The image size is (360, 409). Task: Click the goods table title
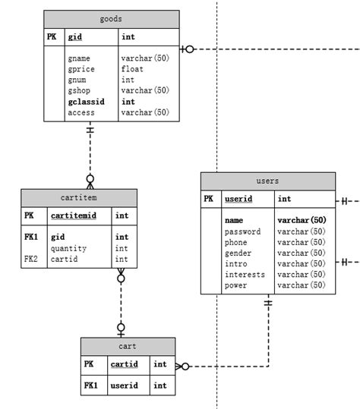click(x=111, y=18)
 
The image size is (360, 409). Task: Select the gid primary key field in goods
click(x=75, y=36)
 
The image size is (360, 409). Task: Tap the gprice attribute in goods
click(x=81, y=69)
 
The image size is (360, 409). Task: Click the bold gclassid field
click(x=85, y=102)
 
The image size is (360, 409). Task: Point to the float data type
click(x=132, y=69)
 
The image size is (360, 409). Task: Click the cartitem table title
click(x=79, y=197)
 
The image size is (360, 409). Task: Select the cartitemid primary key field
click(x=73, y=216)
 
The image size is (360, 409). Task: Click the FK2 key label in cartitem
click(x=30, y=259)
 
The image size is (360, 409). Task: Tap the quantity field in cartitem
click(x=68, y=248)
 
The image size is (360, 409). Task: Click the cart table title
click(x=128, y=346)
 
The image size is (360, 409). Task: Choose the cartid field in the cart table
click(x=124, y=364)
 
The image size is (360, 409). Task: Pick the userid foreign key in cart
click(x=125, y=385)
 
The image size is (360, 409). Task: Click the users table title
click(x=267, y=181)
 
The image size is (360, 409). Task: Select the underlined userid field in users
click(x=238, y=200)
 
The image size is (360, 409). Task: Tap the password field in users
click(x=242, y=231)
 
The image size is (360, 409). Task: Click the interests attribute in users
click(x=245, y=274)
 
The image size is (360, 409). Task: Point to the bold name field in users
click(x=233, y=220)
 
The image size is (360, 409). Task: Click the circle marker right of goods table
click(x=189, y=49)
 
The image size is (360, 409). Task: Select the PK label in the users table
click(x=209, y=200)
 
